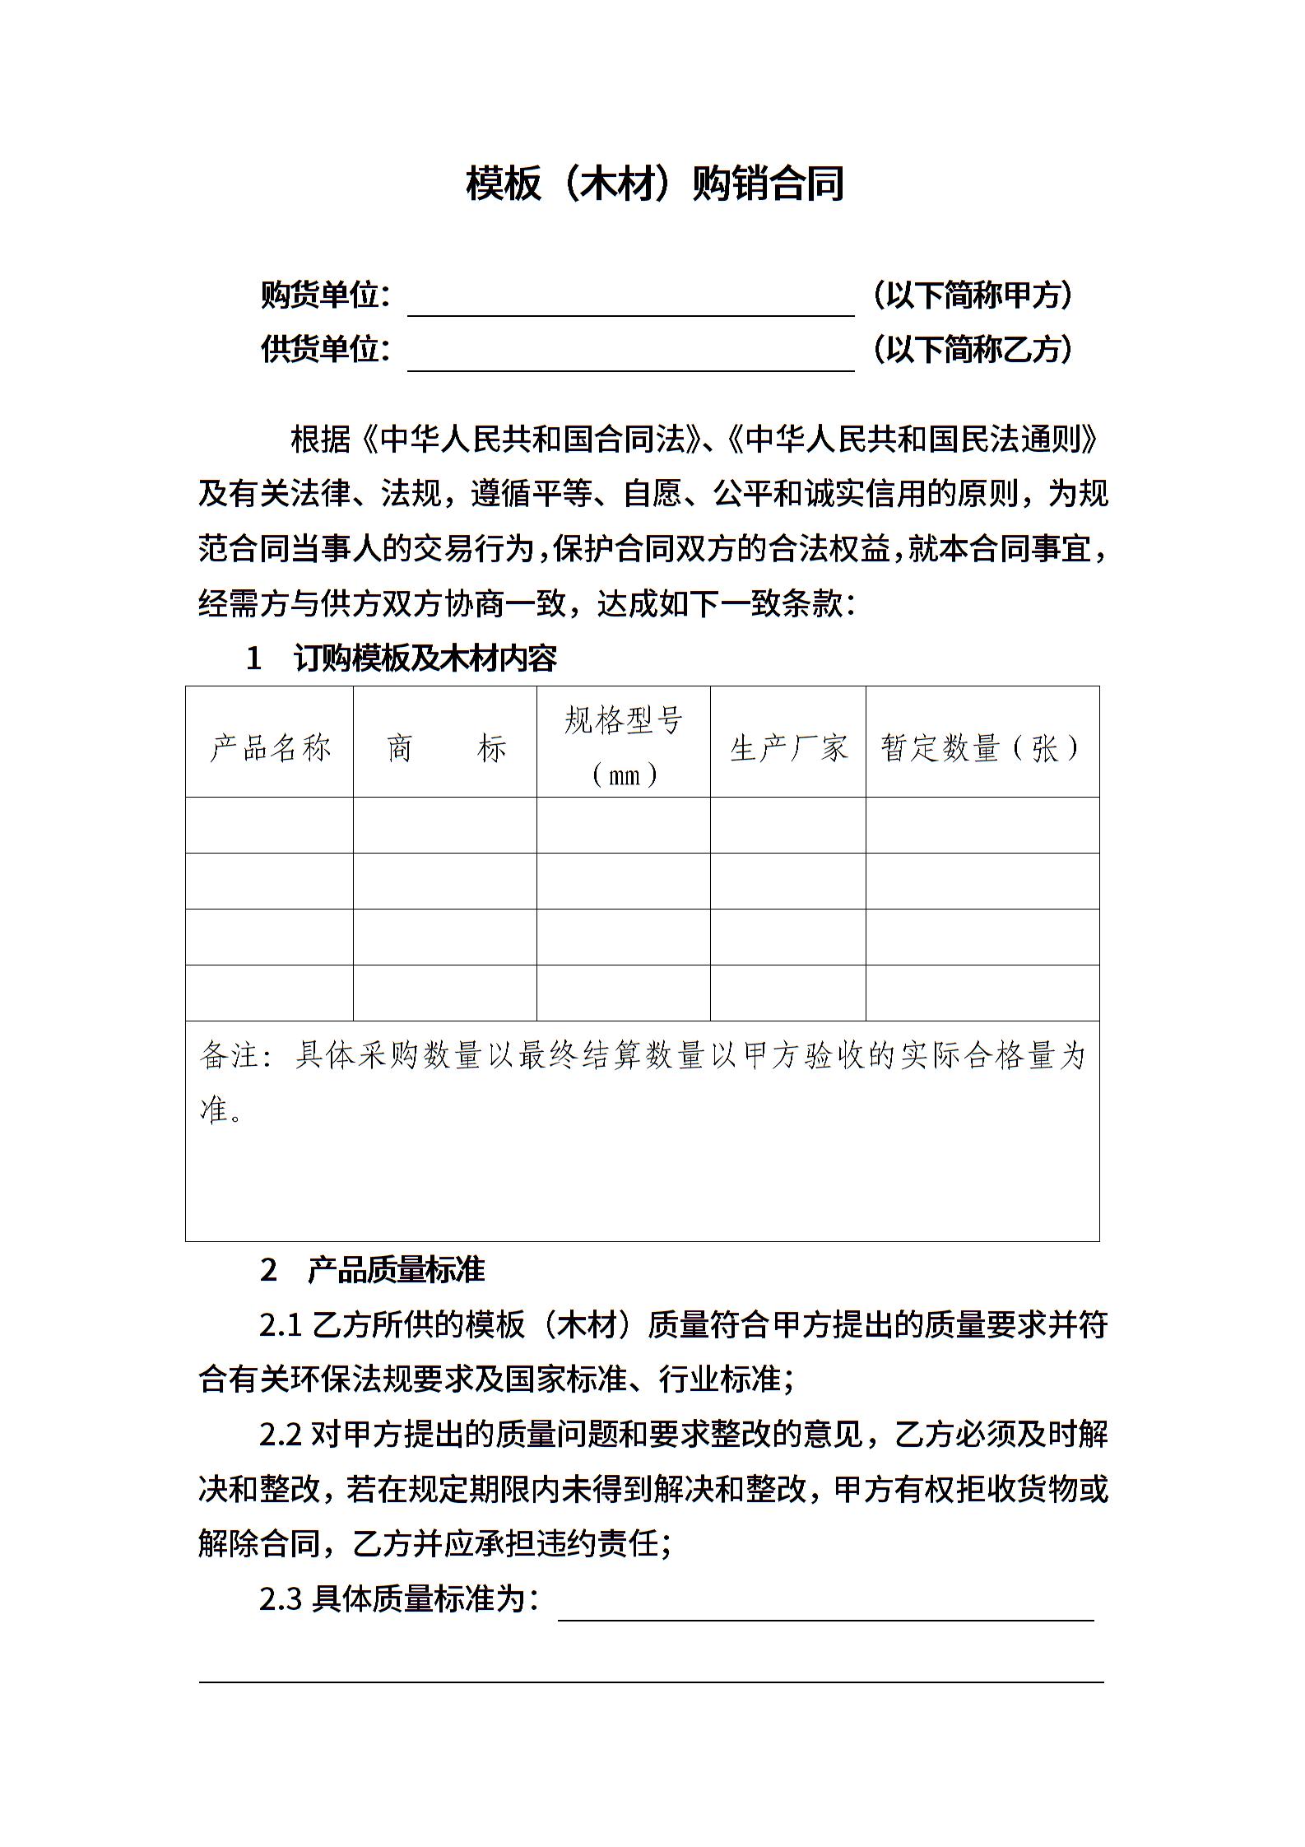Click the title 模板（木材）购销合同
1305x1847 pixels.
[x=654, y=184]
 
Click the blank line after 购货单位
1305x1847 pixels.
[x=630, y=305]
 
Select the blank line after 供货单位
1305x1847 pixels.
[x=630, y=361]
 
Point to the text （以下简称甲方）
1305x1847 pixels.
[x=973, y=295]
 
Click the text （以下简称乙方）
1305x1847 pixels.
[x=973, y=350]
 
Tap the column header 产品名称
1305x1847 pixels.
[x=270, y=747]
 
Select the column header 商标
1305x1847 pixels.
[x=445, y=747]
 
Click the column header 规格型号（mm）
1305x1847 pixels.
[x=623, y=746]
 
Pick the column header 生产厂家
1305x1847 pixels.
[x=787, y=747]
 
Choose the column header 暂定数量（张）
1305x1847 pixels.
[x=982, y=747]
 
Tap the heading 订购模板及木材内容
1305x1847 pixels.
[x=425, y=658]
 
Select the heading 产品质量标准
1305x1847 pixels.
[x=396, y=1270]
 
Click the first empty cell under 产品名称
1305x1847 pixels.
[x=270, y=825]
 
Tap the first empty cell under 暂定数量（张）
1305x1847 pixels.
[x=982, y=825]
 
